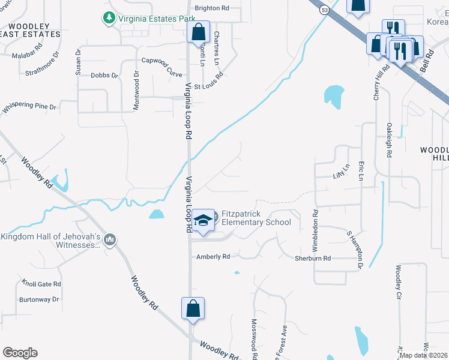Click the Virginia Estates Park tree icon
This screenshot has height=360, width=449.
(x=109, y=19)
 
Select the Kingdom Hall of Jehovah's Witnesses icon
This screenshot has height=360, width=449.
(x=109, y=241)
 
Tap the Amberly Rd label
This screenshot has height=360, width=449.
(x=213, y=257)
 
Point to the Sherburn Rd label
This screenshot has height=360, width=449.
(x=312, y=258)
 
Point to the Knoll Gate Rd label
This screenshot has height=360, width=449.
(x=41, y=283)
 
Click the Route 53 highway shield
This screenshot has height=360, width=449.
(x=324, y=10)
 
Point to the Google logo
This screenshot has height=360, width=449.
(x=20, y=353)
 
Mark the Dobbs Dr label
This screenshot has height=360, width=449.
(x=104, y=76)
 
